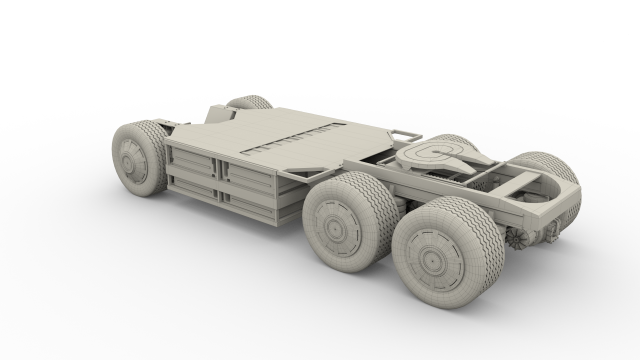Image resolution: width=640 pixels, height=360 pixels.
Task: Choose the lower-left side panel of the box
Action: (192, 186)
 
